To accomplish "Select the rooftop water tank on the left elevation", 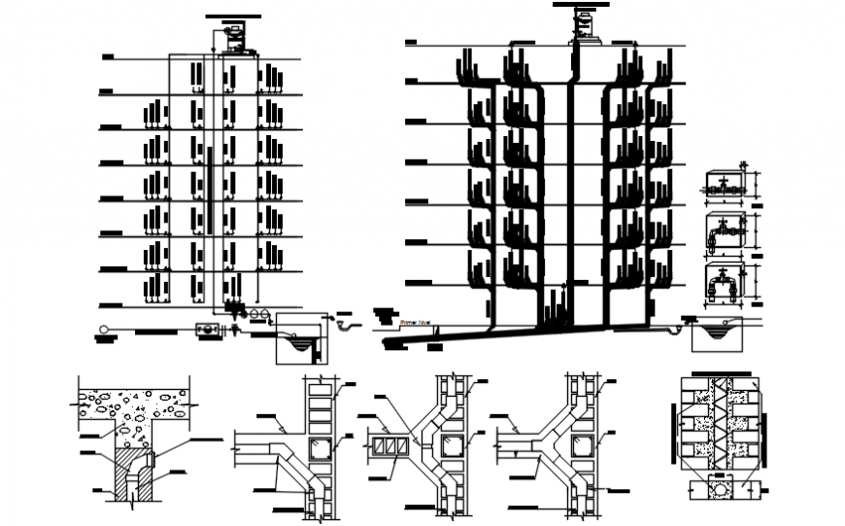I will click(x=232, y=35).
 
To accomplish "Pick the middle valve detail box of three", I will click(x=723, y=232).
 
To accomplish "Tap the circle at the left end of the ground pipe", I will click(x=102, y=330).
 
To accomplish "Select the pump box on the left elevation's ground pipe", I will click(x=207, y=331).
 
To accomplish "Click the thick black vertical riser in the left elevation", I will click(x=209, y=190).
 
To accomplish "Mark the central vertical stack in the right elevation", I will click(x=569, y=194).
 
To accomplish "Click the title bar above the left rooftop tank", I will click(x=233, y=17).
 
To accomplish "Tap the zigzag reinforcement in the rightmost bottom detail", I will click(x=723, y=428).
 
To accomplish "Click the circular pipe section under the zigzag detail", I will click(x=722, y=490).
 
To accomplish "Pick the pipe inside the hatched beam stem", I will click(x=130, y=476).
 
